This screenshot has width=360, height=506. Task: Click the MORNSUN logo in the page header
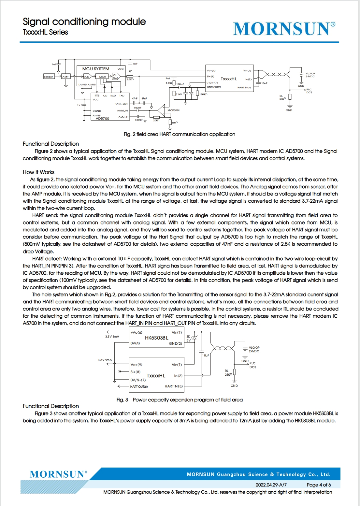284,29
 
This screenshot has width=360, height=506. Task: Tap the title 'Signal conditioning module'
84,22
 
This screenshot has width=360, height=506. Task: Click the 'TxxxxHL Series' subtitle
45,32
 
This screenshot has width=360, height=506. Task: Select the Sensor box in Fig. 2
49,77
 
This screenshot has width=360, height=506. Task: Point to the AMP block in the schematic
65,77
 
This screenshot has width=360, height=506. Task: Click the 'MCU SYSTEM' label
95,69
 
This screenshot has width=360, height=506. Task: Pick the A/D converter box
87,77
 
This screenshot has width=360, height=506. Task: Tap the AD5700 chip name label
102,118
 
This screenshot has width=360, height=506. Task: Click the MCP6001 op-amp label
173,110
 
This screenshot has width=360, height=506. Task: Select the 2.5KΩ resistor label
130,80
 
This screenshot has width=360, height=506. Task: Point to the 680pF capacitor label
139,120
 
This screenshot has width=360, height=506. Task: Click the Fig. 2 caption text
179,134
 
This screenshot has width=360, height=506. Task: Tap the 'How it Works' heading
38,172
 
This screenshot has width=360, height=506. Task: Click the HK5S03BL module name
156,338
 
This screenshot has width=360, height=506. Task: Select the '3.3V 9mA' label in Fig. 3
105,360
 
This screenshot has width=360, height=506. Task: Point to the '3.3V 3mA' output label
112,336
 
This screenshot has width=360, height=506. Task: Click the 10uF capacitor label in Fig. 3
206,355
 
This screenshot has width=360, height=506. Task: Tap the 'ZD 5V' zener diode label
188,339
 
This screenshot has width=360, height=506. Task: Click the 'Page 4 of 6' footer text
319,485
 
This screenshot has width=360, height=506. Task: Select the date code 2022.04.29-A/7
271,485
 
